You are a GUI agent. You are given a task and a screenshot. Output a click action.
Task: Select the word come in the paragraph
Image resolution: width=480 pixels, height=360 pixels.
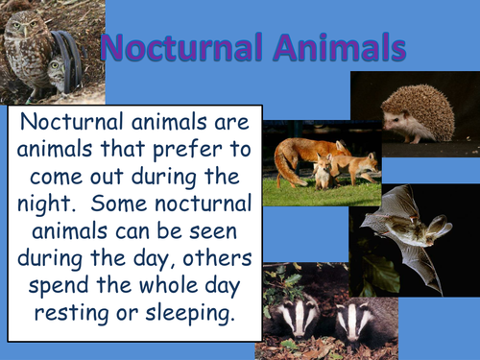click(63, 178)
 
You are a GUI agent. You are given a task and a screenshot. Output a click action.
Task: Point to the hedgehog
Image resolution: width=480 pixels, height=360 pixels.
click(419, 113)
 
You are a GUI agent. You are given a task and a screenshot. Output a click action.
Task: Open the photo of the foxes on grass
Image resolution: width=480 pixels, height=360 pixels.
click(318, 163)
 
